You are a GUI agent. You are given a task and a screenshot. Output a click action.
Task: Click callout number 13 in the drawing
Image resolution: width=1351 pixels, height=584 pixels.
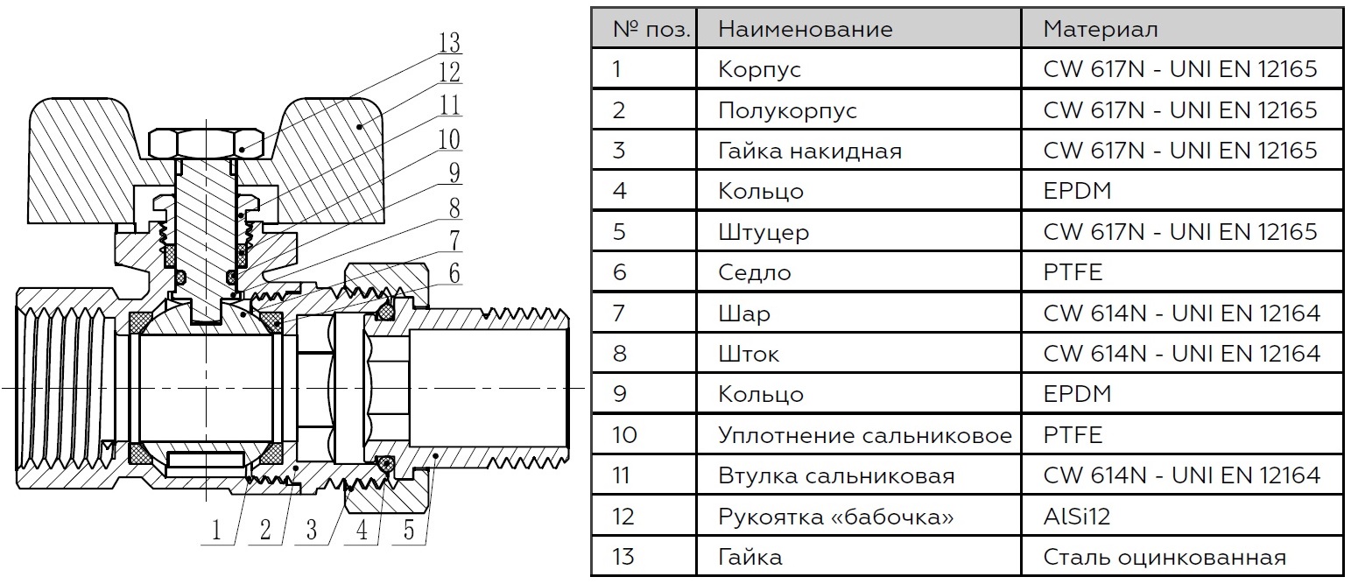click(x=449, y=42)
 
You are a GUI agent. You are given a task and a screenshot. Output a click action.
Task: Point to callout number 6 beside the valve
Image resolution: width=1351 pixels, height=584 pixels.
click(x=454, y=272)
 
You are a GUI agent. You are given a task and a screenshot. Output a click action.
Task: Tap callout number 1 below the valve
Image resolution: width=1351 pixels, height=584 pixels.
click(x=216, y=531)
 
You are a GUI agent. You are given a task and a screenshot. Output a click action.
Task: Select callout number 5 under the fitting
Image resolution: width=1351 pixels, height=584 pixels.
click(x=409, y=530)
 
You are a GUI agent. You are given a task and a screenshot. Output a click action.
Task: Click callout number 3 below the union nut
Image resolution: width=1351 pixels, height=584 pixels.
click(x=311, y=530)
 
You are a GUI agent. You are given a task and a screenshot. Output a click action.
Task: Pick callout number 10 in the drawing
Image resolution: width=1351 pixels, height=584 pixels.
click(x=449, y=139)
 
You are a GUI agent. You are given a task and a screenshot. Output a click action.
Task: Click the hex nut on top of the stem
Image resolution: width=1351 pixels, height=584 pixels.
click(x=207, y=144)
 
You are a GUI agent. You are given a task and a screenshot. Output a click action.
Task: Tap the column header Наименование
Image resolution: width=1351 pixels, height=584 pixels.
click(x=806, y=28)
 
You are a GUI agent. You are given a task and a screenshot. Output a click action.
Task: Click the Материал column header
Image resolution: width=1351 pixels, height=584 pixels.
click(x=1100, y=28)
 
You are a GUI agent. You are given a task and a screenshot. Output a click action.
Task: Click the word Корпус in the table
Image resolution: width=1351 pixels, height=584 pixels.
click(x=759, y=69)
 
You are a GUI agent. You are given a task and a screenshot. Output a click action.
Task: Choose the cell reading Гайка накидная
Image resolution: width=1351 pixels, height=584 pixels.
click(x=809, y=151)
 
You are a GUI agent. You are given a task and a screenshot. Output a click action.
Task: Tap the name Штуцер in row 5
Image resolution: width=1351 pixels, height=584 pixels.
click(x=763, y=232)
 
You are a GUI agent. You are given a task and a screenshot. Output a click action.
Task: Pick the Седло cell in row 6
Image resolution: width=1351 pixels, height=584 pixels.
click(x=755, y=272)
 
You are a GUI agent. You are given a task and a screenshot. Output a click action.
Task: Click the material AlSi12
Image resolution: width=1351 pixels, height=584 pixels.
click(x=1077, y=517)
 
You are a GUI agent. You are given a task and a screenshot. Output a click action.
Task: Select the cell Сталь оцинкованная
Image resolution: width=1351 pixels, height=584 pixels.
click(x=1165, y=557)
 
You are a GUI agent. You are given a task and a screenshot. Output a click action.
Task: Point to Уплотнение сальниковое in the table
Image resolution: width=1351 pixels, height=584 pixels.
click(x=865, y=435)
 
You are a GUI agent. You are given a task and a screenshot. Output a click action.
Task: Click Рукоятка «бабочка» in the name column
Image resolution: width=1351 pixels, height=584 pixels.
click(x=836, y=517)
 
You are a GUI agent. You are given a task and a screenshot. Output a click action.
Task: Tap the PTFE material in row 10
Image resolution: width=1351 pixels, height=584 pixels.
click(x=1073, y=435)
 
